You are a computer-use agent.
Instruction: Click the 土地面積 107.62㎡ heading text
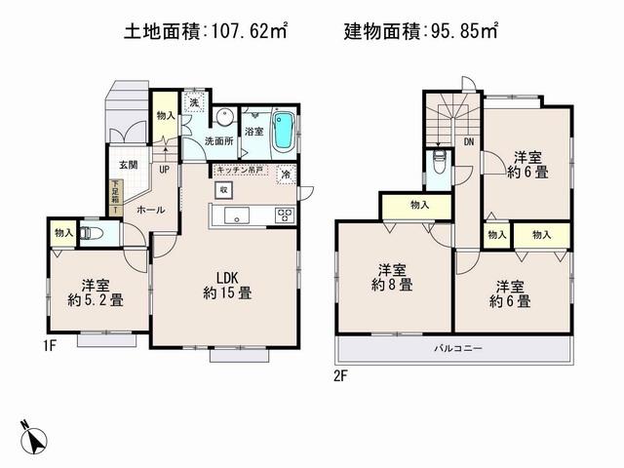[206, 31]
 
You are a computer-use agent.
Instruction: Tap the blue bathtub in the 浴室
[284, 130]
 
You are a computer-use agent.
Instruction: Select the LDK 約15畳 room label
[227, 284]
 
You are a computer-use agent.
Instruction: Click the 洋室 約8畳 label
[394, 278]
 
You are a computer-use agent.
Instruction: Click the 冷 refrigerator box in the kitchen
[287, 175]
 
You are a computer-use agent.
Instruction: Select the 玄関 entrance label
[129, 165]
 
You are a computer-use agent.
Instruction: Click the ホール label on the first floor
[149, 209]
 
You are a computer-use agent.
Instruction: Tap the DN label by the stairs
[468, 142]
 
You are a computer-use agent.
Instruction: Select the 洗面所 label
[218, 142]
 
